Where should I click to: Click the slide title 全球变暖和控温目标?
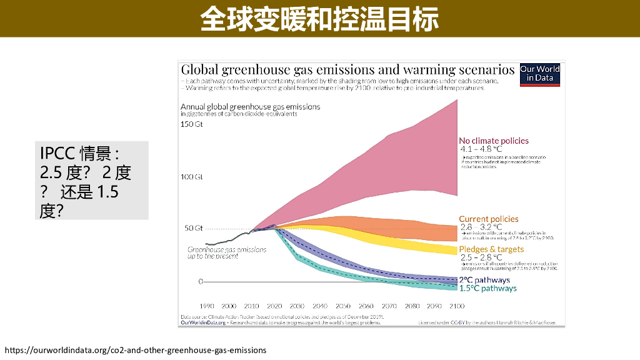coord(319,19)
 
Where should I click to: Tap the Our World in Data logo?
coord(540,74)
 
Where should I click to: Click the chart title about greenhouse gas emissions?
coord(347,69)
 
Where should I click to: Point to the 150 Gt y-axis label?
coord(192,124)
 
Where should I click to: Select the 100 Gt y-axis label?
coord(192,177)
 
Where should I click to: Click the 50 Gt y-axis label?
coord(193,228)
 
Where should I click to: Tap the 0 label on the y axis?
coord(201,281)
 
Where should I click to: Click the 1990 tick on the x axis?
coord(206,306)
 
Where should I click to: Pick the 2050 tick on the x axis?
coord(343,306)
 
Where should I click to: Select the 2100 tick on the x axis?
coord(457,306)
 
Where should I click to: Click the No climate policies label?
coord(494,141)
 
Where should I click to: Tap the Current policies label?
coord(489,219)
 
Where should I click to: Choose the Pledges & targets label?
coord(491,249)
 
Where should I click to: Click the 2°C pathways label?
coord(484,280)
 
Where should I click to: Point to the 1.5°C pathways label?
coord(488,288)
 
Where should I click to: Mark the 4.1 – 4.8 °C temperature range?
coord(481,149)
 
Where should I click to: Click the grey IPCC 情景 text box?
coord(91,180)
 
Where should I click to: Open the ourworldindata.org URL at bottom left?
coord(136,350)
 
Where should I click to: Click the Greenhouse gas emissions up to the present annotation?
coord(227,252)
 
